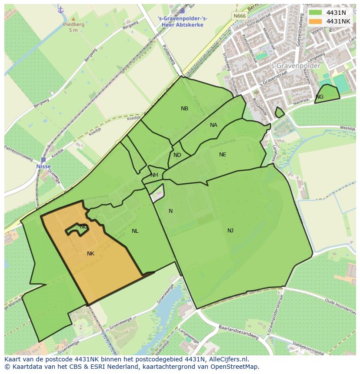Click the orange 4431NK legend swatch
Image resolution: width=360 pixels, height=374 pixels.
point(315,21)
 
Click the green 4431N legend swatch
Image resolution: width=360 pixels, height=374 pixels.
point(315,13)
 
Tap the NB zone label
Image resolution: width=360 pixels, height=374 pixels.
point(184,109)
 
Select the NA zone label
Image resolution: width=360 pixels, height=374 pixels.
point(213,125)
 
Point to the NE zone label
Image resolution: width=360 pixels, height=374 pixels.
point(223,155)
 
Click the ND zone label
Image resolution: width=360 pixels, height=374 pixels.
point(177,155)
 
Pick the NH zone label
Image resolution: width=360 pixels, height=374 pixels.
point(154,175)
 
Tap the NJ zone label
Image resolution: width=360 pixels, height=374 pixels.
point(230,231)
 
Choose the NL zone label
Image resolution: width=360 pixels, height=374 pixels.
point(135,231)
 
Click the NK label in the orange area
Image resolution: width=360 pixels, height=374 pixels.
point(90,254)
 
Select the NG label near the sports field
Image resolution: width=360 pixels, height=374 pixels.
point(320,97)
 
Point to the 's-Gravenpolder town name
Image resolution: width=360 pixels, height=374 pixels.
point(295,66)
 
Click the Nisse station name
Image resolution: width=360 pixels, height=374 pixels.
point(43,166)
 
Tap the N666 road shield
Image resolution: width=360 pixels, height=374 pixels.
point(239,16)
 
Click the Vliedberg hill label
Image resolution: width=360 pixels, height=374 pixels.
point(73,25)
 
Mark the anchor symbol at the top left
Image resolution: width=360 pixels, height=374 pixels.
point(60,10)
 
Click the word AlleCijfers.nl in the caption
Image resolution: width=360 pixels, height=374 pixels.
point(227,359)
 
